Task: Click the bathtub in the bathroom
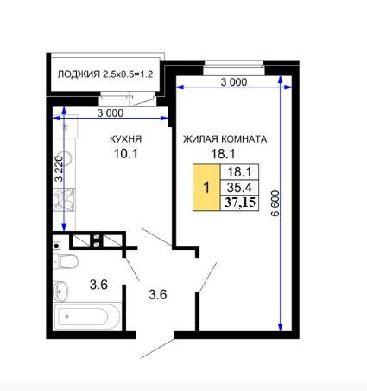tap(86, 317)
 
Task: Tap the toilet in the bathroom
tap(66, 262)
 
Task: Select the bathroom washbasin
tap(61, 291)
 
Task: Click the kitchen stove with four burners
tap(64, 199)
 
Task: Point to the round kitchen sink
tap(65, 158)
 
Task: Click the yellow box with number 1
tap(206, 188)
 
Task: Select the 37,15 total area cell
tap(240, 202)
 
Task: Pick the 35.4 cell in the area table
tap(239, 188)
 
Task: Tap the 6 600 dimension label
tap(275, 203)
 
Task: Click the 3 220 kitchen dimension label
tap(59, 169)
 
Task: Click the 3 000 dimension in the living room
tap(234, 82)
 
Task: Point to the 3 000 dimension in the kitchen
tap(111, 113)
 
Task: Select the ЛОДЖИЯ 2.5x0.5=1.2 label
tap(105, 74)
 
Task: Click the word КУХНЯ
tap(126, 139)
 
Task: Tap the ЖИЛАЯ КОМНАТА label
tap(225, 139)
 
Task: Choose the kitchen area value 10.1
tap(126, 154)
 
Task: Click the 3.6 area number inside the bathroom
tap(98, 285)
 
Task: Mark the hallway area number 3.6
tap(158, 295)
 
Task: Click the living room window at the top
tap(234, 67)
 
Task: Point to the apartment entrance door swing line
tap(157, 349)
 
